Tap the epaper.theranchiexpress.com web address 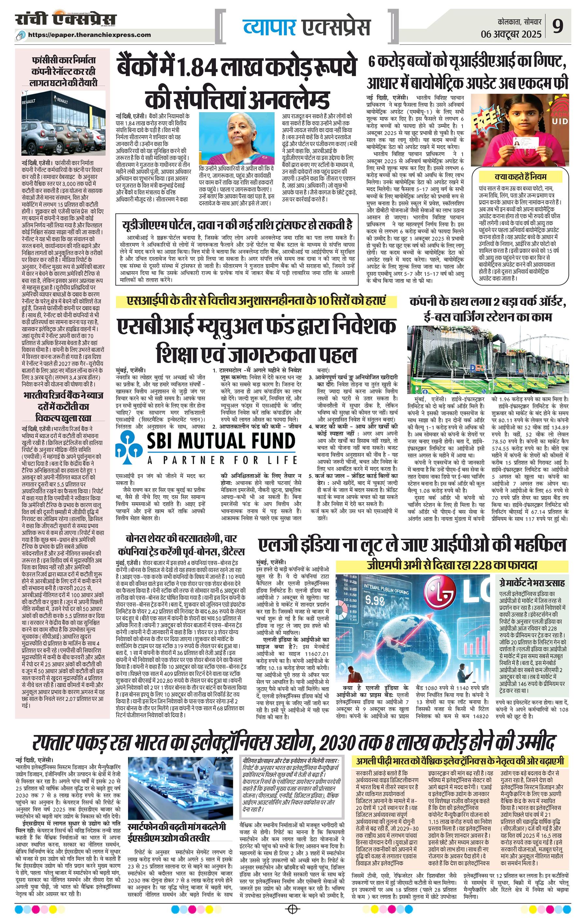tap(90, 35)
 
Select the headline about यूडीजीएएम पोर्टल tap(237, 225)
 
